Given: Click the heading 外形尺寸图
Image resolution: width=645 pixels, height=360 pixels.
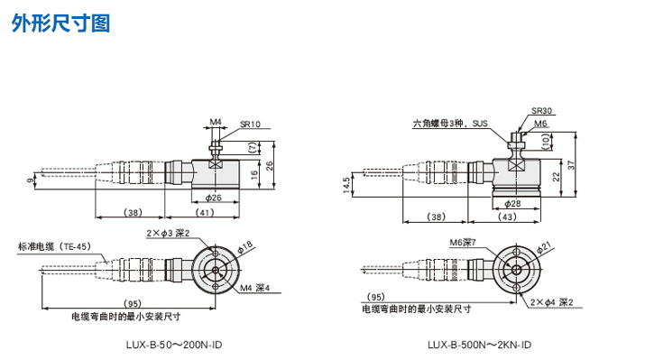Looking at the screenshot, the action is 60,23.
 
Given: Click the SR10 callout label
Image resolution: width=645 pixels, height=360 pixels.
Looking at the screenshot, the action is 250,125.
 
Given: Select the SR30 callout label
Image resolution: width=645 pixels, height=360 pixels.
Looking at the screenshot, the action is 541,111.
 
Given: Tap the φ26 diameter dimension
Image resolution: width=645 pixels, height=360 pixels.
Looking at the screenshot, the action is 214,198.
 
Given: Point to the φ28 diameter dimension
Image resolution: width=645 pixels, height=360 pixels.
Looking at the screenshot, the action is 512,204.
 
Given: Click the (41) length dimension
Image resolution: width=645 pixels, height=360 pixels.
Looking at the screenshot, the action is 205,213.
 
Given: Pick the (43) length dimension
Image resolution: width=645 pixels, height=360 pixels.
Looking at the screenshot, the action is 507,217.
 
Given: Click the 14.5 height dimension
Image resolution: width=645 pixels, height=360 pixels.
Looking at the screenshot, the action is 346,186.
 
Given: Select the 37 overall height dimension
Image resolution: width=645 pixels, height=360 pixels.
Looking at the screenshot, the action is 571,164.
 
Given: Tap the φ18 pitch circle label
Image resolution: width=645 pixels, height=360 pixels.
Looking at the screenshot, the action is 244,247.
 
